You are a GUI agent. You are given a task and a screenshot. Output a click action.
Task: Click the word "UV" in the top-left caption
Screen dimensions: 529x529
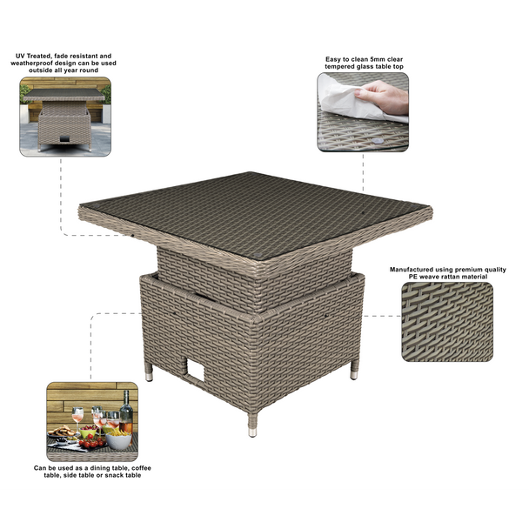(x=19, y=56)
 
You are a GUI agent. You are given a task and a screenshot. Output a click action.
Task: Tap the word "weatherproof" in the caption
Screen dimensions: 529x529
(x=46, y=64)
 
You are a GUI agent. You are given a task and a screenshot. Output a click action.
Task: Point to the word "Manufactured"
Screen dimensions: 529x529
(x=412, y=270)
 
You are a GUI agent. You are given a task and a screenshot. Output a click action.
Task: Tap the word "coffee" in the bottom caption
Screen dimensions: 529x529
(x=127, y=467)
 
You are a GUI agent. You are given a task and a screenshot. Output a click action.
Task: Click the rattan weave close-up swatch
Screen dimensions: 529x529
(x=446, y=321)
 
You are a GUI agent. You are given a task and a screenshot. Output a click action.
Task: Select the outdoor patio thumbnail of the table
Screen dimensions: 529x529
(x=64, y=117)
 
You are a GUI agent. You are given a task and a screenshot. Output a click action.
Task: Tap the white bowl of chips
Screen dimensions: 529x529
(x=119, y=440)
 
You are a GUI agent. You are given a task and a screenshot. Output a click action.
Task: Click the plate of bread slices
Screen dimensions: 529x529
(x=63, y=433)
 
